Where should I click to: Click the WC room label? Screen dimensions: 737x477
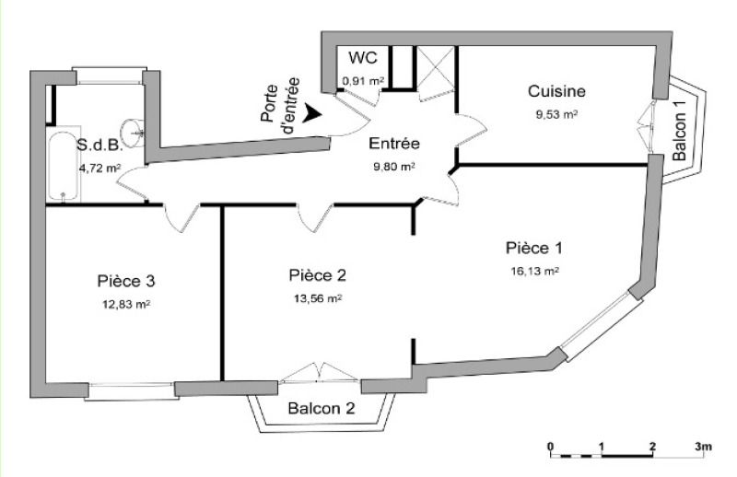pyautogui.click(x=362, y=58)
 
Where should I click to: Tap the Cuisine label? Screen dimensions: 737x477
pyautogui.click(x=556, y=90)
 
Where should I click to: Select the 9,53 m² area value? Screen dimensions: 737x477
pyautogui.click(x=556, y=114)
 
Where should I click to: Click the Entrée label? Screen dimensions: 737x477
pyautogui.click(x=394, y=143)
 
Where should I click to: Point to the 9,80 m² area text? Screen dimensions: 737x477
pyautogui.click(x=394, y=167)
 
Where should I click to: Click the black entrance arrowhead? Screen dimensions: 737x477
pyautogui.click(x=311, y=113)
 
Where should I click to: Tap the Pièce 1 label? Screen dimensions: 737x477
pyautogui.click(x=534, y=248)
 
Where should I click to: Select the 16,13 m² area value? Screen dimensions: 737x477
pyautogui.click(x=534, y=271)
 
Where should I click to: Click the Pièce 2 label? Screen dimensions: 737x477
pyautogui.click(x=318, y=275)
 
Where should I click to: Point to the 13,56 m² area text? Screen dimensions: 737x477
pyautogui.click(x=318, y=298)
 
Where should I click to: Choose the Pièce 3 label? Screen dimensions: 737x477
pyautogui.click(x=126, y=281)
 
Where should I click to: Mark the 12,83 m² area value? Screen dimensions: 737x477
pyautogui.click(x=126, y=305)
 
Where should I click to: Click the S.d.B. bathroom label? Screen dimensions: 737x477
pyautogui.click(x=99, y=145)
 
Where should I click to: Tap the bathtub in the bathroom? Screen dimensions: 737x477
pyautogui.click(x=64, y=167)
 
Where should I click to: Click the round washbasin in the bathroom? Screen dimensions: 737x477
pyautogui.click(x=133, y=133)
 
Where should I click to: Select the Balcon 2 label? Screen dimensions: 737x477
pyautogui.click(x=322, y=408)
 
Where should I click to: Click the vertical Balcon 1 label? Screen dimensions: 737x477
pyautogui.click(x=679, y=131)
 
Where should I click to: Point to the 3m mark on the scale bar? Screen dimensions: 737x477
pyautogui.click(x=704, y=447)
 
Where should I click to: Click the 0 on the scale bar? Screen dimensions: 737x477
pyautogui.click(x=550, y=447)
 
